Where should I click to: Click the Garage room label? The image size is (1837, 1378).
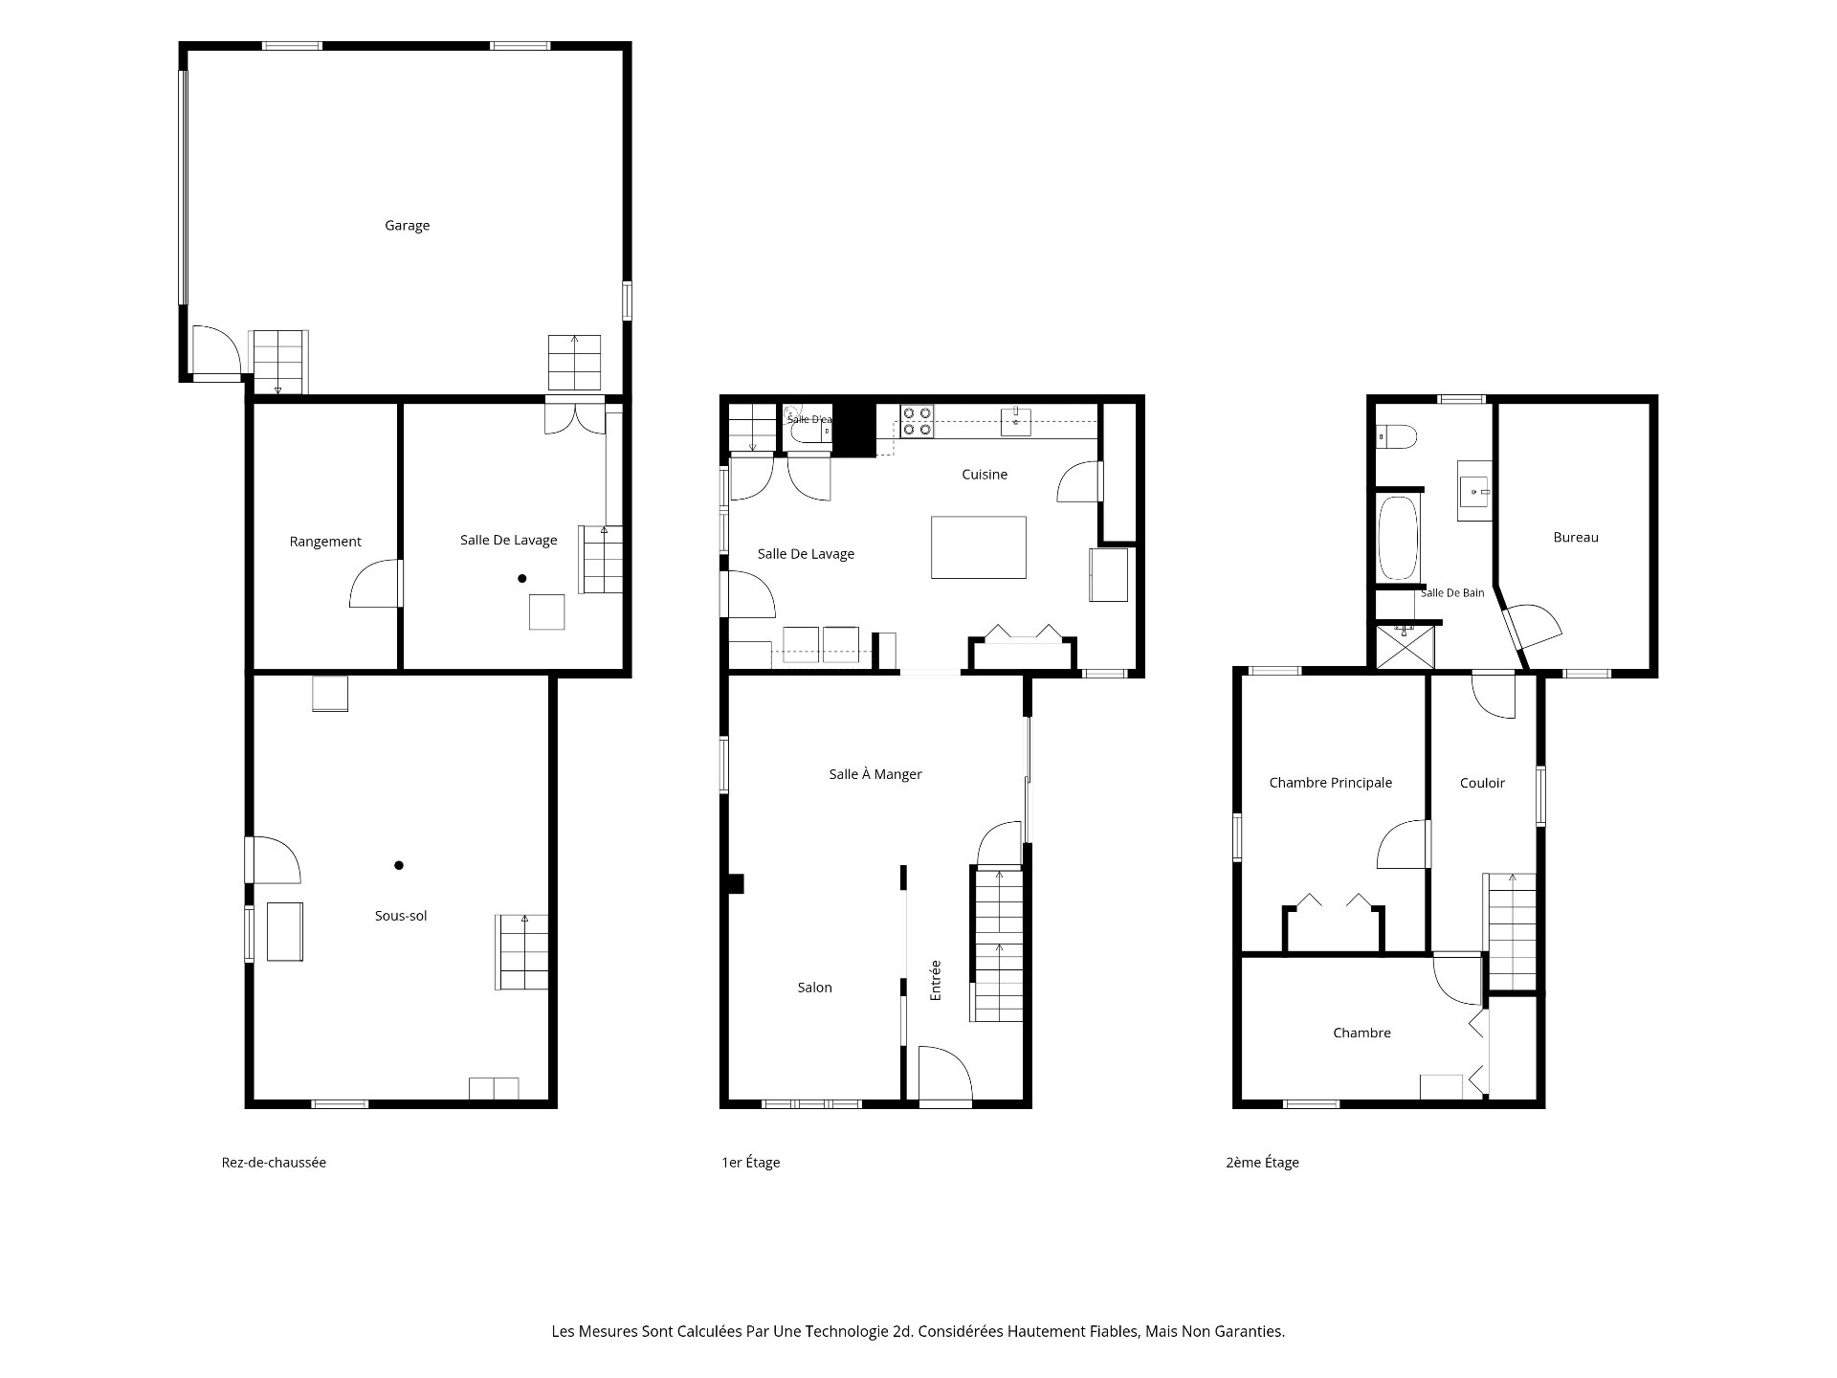tap(407, 226)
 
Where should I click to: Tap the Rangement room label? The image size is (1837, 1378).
tap(325, 542)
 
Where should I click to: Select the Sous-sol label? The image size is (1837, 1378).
tap(401, 916)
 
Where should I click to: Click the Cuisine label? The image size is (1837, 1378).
tap(985, 475)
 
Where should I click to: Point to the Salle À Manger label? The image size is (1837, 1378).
tap(875, 774)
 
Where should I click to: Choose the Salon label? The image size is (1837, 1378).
tap(815, 988)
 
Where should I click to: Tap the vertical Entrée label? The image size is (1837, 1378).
tap(936, 981)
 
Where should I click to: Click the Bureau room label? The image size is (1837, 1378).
tap(1576, 538)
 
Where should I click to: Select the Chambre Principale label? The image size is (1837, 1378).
tap(1331, 783)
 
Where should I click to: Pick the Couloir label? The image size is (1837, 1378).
tap(1482, 783)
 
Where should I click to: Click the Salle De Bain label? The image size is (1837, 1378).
tap(1452, 593)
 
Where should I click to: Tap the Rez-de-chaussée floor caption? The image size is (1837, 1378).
tap(274, 1163)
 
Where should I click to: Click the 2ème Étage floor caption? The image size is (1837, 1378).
tap(1262, 1163)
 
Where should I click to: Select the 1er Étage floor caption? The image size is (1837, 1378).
tap(751, 1163)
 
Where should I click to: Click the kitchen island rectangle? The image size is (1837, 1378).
tap(979, 547)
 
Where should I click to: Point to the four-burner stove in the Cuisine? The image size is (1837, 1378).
tap(918, 422)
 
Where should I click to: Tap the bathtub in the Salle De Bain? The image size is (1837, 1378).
tap(1398, 538)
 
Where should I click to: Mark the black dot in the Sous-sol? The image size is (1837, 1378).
tap(399, 865)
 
